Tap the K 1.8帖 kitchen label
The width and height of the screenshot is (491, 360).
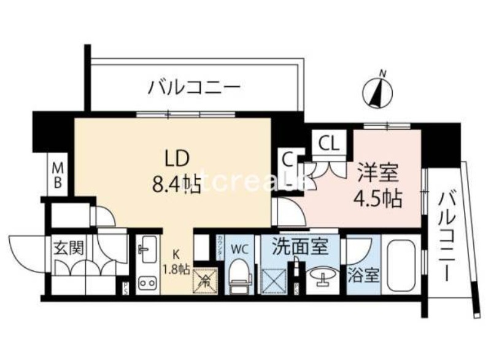pos(176,261)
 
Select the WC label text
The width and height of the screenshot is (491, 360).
pos(239,250)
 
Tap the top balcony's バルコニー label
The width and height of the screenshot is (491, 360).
pos(193,87)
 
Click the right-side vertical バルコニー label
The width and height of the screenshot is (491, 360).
pos(446,237)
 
